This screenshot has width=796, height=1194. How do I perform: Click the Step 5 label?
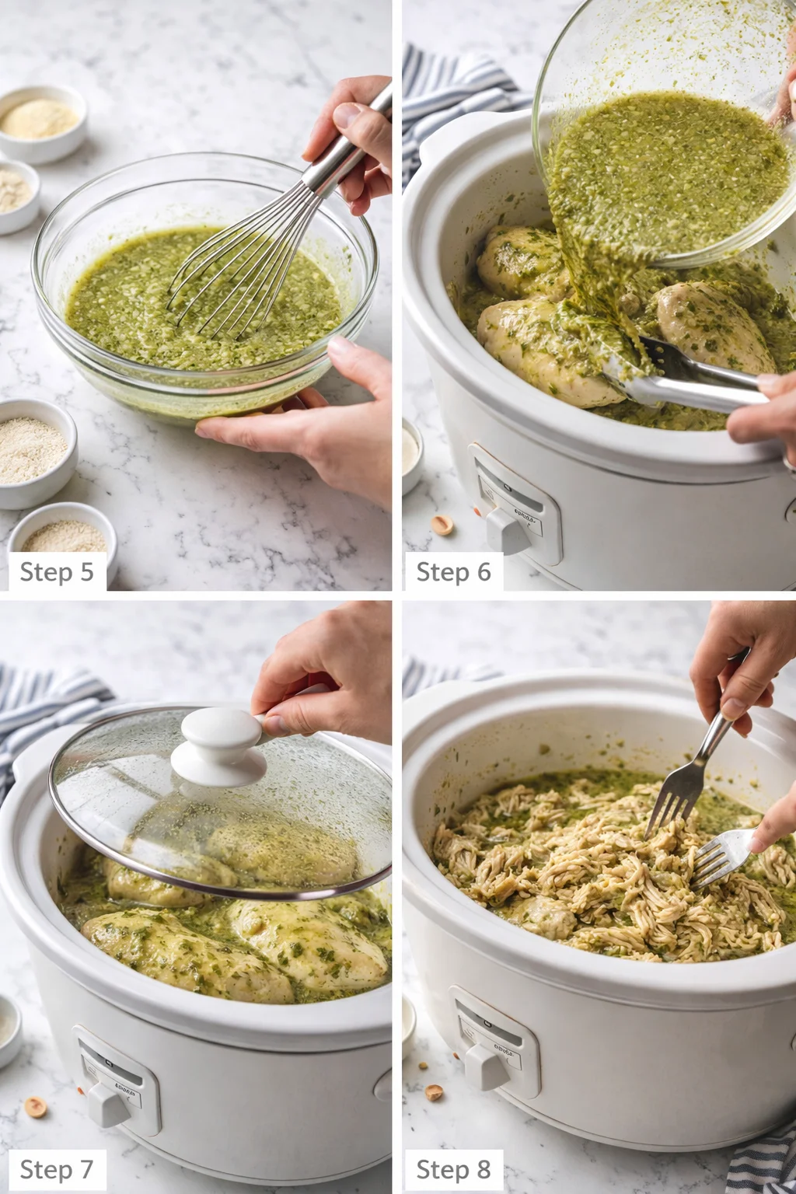point(56,572)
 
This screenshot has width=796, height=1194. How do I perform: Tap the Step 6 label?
point(453,572)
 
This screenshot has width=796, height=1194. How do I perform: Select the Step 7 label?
point(56,1169)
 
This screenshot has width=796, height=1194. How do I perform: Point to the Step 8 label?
point(453,1169)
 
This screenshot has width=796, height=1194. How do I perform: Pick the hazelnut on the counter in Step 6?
point(443,525)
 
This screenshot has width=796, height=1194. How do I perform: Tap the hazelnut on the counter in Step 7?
point(35,1107)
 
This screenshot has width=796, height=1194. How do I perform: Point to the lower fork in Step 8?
point(723,855)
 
